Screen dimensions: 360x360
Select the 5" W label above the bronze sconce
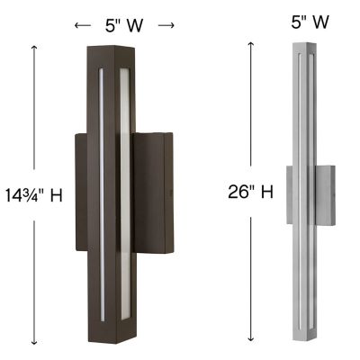coord(124,25)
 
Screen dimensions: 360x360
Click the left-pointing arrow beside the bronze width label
coord(82,25)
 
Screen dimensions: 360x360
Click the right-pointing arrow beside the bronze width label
coord(166,25)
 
